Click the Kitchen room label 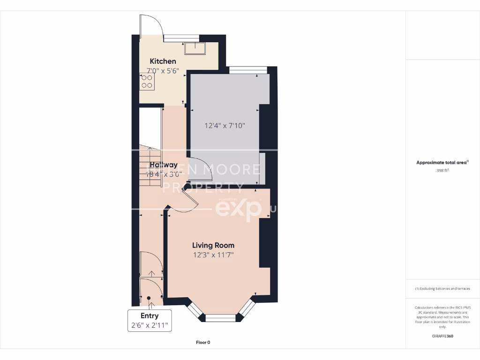pyautogui.click(x=163, y=61)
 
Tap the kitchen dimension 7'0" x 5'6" pyautogui.click(x=163, y=71)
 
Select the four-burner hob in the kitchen pyautogui.click(x=147, y=82)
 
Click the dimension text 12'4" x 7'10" pyautogui.click(x=225, y=126)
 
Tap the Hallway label pyautogui.click(x=164, y=165)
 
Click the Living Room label pyautogui.click(x=213, y=245)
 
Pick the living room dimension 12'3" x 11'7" pyautogui.click(x=213, y=255)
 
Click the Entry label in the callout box pyautogui.click(x=150, y=316)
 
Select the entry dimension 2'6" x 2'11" pyautogui.click(x=150, y=325)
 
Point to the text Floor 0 pyautogui.click(x=203, y=343)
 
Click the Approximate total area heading pyautogui.click(x=442, y=163)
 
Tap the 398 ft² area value pyautogui.click(x=442, y=171)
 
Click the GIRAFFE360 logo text pyautogui.click(x=442, y=336)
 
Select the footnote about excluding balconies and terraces pyautogui.click(x=442, y=289)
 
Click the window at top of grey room pyautogui.click(x=248, y=70)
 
